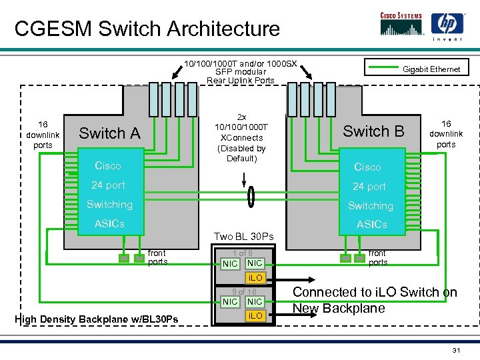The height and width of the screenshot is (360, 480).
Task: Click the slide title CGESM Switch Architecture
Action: click(x=147, y=29)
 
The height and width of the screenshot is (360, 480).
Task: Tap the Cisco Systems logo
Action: click(x=401, y=23)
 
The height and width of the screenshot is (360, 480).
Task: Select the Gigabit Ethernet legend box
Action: click(x=417, y=68)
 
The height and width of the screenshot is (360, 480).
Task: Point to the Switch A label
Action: click(x=109, y=133)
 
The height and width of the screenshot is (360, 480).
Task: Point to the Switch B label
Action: click(x=373, y=131)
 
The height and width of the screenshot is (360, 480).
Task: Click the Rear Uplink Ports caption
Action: click(x=241, y=72)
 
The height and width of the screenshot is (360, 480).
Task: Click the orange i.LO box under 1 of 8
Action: click(x=255, y=277)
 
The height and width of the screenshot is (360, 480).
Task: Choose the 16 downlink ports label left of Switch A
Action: click(x=43, y=135)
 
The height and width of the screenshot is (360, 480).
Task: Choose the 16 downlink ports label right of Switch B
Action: click(x=446, y=134)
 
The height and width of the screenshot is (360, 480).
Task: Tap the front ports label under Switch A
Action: click(x=157, y=257)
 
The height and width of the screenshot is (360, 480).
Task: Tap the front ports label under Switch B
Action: click(x=377, y=257)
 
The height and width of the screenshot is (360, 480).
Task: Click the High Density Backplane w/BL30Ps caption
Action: click(x=96, y=319)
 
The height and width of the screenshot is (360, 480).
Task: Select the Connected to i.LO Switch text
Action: click(x=375, y=300)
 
